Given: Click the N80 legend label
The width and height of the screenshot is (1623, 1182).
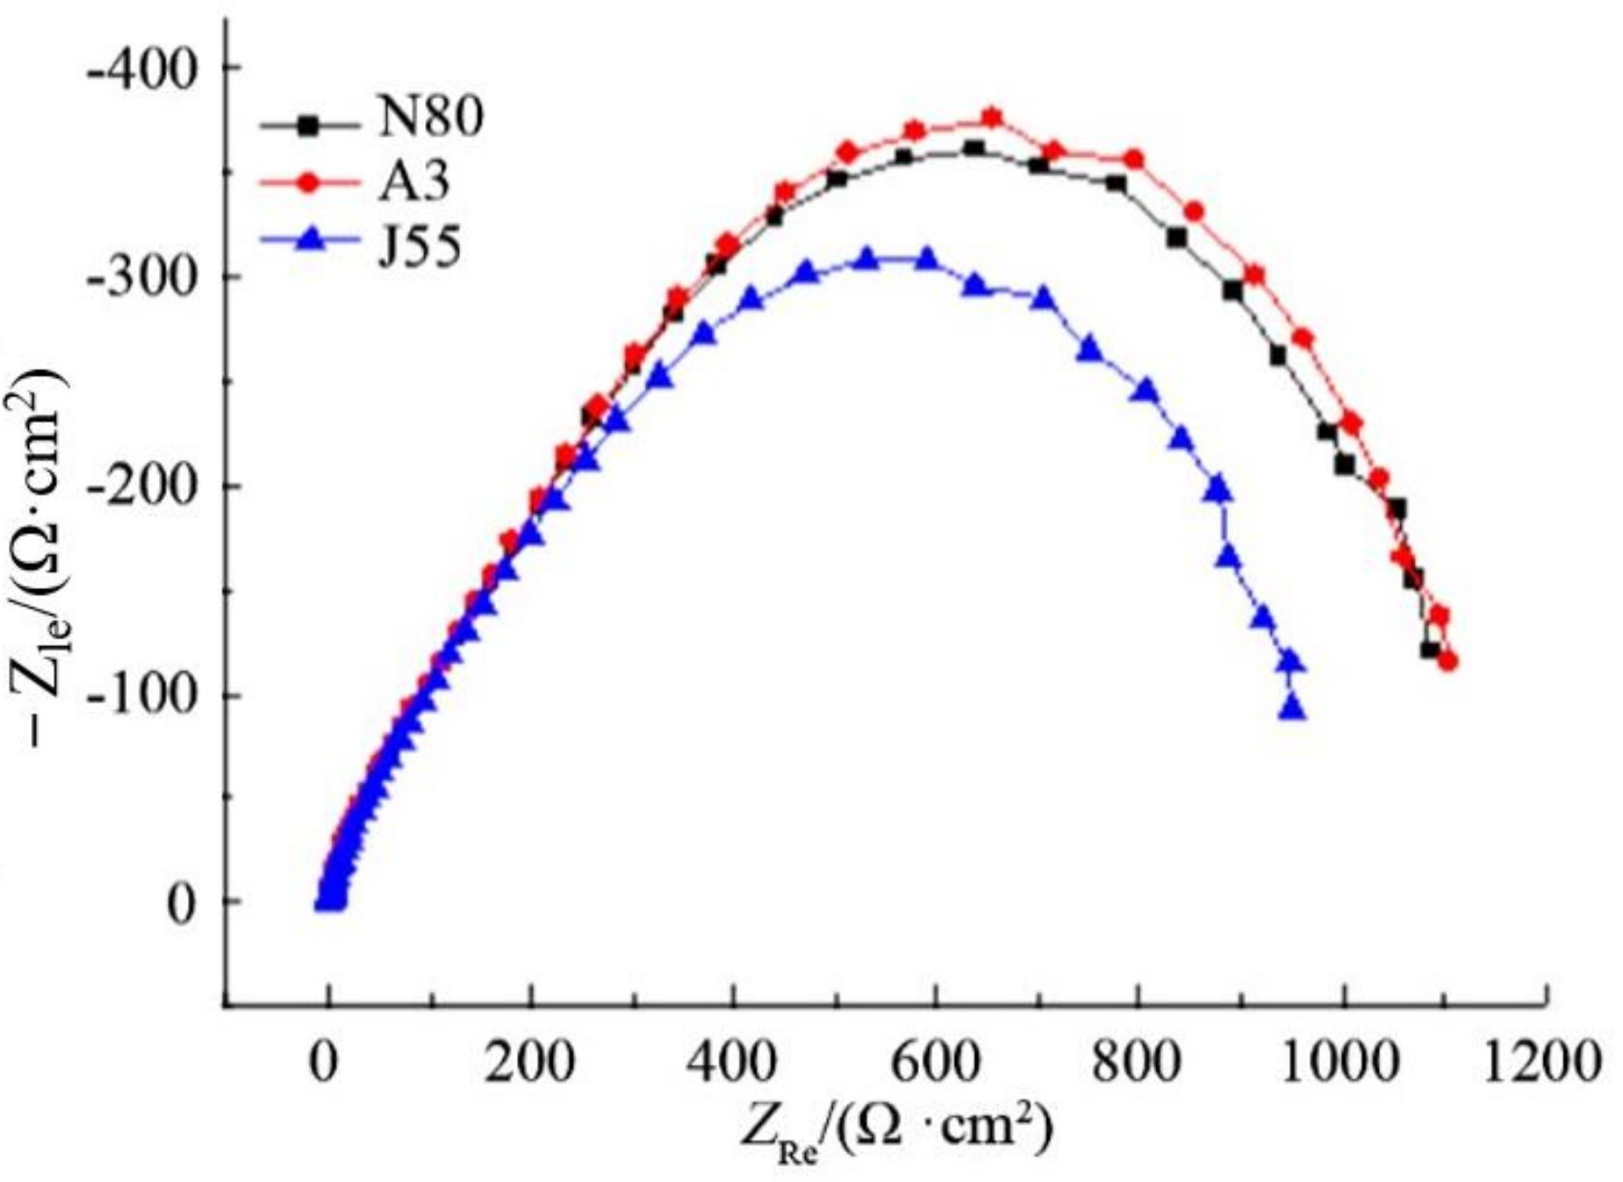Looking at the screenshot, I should coord(430,118).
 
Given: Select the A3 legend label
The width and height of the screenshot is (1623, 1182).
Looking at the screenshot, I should coord(413,181).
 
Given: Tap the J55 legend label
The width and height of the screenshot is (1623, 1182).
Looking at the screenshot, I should coord(418,246).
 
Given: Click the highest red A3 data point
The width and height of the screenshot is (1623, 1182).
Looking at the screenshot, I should coord(992,118).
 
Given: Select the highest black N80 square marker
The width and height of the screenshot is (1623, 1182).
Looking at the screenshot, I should coord(974,148).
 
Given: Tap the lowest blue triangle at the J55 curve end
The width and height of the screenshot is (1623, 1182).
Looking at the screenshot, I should coord(1293,710).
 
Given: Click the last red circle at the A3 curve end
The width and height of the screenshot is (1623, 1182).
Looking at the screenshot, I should coord(1448,662).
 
